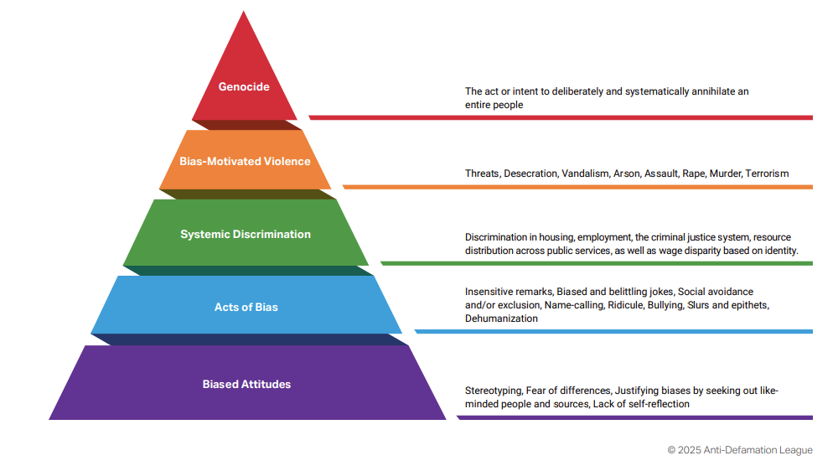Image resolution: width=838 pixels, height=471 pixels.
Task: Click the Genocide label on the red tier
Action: point(244,86)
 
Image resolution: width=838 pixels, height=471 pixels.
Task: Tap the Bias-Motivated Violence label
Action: point(245,162)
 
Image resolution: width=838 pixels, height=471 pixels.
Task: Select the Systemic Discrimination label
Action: point(246,234)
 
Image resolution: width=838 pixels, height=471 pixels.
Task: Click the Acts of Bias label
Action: point(246,308)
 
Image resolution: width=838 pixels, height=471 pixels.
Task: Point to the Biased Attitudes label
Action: point(246,385)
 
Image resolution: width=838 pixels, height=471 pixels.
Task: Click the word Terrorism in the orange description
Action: point(767,173)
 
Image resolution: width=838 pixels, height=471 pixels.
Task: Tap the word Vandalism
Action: point(585,173)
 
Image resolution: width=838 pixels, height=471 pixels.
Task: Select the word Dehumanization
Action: point(501,318)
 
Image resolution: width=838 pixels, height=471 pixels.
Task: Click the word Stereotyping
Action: point(493,391)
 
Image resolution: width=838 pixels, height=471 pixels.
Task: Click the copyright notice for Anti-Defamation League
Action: point(740,450)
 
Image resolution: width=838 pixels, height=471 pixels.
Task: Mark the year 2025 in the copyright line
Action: point(690,450)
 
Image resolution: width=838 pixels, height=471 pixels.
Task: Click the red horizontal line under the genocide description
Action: point(561,117)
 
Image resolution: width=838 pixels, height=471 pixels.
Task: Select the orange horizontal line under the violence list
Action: point(577,187)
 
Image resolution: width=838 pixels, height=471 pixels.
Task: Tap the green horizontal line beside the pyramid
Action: point(597,263)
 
